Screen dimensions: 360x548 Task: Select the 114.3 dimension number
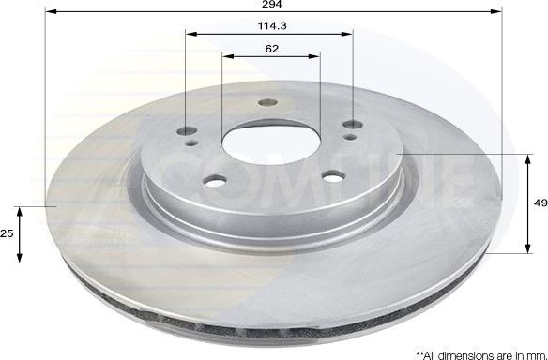[271, 25]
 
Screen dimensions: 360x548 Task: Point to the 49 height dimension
[538, 201]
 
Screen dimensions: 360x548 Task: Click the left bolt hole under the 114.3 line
[186, 130]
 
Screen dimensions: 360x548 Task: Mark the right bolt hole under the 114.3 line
[353, 125]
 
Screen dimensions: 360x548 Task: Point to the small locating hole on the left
[193, 143]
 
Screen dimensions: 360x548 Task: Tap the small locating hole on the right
[349, 137]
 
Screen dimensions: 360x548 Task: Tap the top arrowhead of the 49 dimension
[523, 154]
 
